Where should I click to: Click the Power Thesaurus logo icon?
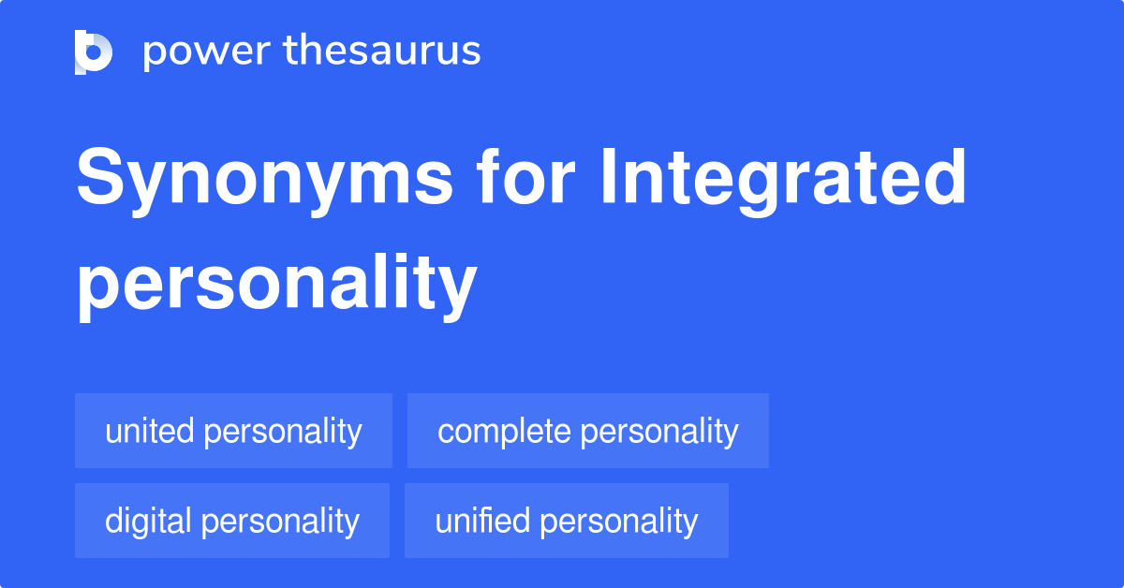coord(94,51)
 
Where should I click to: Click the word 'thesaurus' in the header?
coord(382,51)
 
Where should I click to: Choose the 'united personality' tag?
coord(233,431)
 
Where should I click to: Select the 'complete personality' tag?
coord(587,431)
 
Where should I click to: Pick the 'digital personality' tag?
coord(231,521)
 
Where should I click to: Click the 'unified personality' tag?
coord(566,521)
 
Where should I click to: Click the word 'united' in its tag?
coord(150,431)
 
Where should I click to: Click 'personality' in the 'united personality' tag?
coord(283,431)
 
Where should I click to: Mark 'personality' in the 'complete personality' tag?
coord(658,431)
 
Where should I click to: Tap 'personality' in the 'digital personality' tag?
coord(281,521)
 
